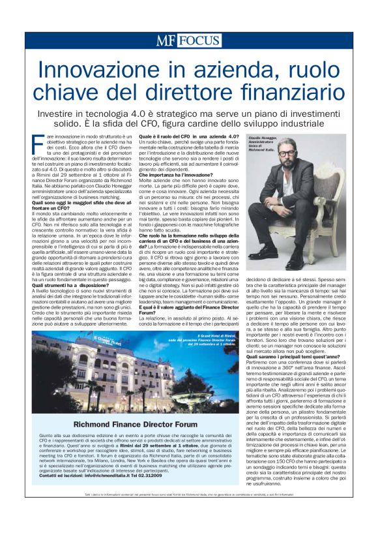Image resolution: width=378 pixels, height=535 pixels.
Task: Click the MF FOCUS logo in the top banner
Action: pyautogui.click(x=188, y=41)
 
